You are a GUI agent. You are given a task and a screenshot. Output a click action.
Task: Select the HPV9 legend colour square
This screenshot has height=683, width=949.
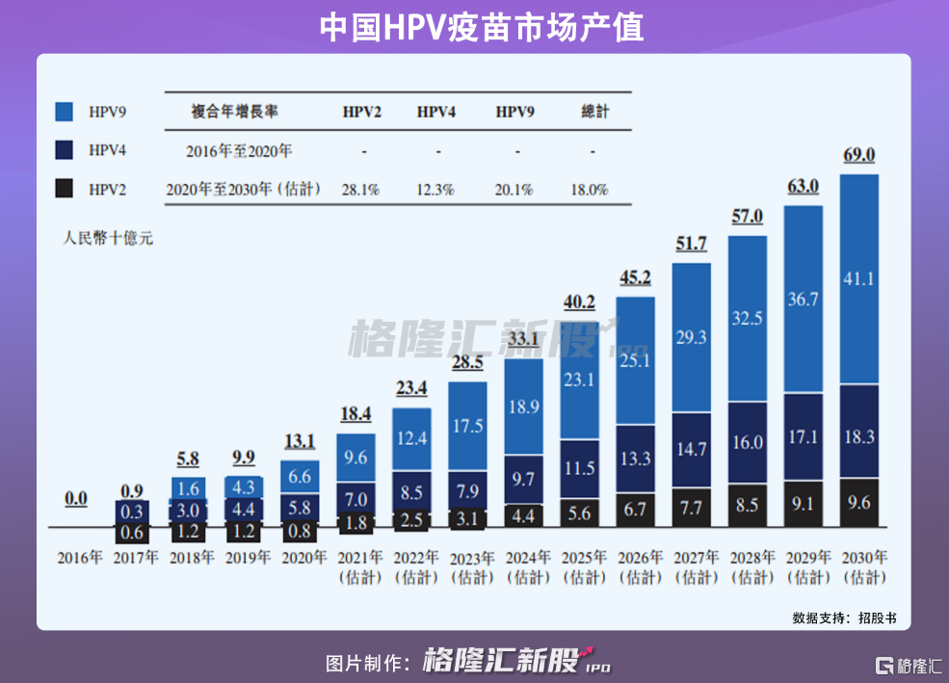[65, 112]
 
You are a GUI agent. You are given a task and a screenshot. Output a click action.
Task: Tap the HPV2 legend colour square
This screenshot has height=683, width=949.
[65, 189]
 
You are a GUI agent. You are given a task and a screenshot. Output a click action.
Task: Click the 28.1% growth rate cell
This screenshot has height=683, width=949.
[361, 190]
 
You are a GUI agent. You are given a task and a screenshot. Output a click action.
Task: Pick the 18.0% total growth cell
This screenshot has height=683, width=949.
[590, 190]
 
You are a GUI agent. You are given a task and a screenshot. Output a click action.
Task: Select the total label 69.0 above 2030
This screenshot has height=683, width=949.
[858, 155]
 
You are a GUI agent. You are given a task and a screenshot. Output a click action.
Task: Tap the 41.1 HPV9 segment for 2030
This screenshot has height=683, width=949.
[858, 279]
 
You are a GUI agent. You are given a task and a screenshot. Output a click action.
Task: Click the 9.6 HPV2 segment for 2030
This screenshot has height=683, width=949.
[858, 502]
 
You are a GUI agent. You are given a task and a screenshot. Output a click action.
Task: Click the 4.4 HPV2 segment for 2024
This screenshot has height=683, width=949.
[524, 515]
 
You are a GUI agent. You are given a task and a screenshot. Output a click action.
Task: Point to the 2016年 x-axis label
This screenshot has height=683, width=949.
[78, 557]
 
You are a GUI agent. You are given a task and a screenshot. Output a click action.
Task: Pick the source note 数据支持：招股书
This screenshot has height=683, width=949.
[844, 617]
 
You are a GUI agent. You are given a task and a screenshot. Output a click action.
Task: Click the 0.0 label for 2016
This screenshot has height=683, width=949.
[76, 499]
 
